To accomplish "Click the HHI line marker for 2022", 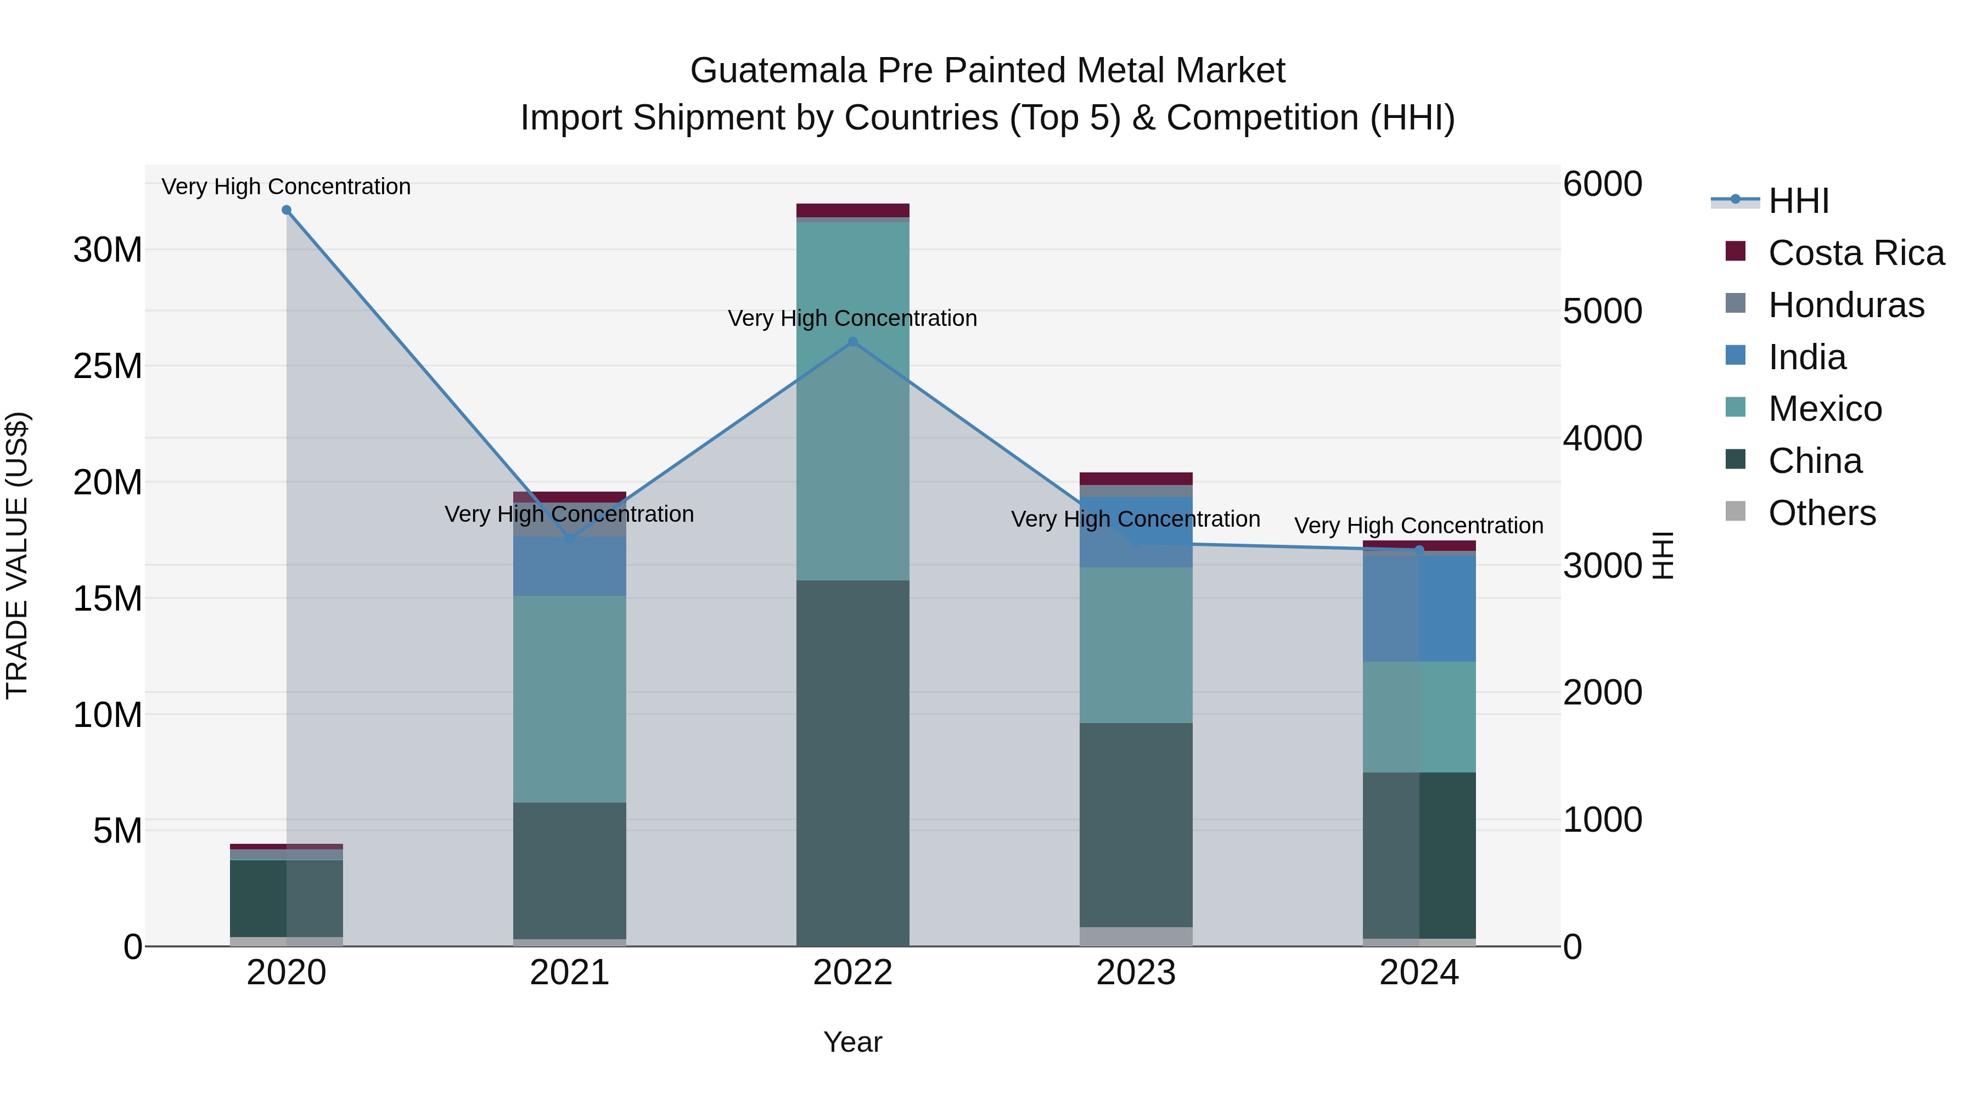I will point(852,342).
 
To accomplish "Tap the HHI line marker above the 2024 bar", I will point(1418,550).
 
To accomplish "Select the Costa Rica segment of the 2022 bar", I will point(852,210).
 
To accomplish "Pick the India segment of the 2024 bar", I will point(1418,608).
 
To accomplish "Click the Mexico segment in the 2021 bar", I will point(569,700).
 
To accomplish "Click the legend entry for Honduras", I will point(1845,305).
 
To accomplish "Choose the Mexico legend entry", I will point(1824,409).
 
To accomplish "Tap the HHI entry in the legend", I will point(1798,202).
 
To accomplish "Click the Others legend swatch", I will point(1735,511).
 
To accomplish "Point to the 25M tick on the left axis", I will point(108,366).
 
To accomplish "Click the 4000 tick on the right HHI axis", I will point(1602,438).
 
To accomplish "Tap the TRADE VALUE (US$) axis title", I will point(17,555).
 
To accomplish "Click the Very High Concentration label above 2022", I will point(852,318).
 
